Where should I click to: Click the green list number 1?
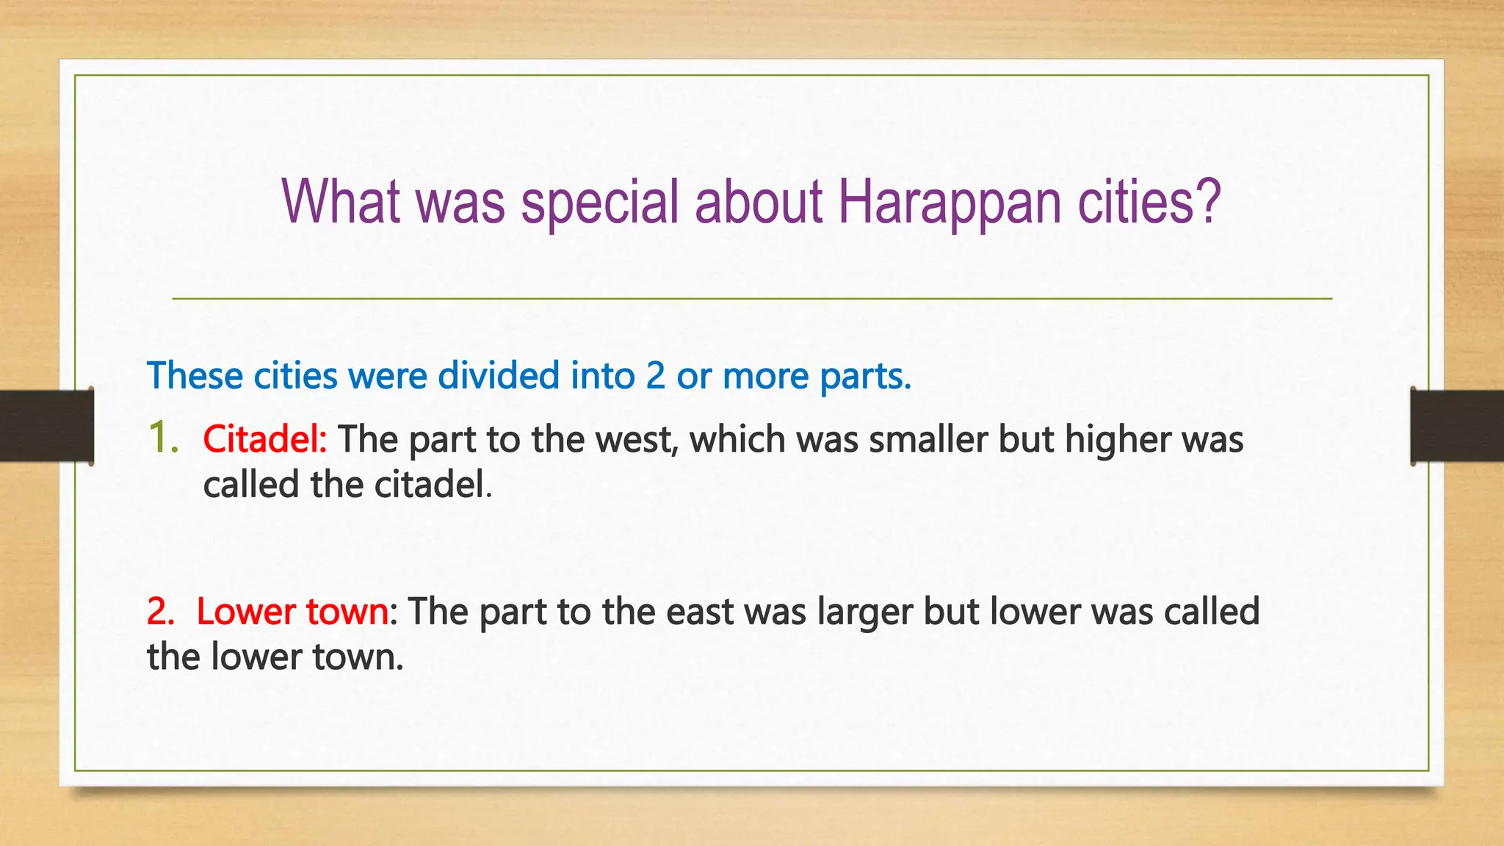[x=161, y=438]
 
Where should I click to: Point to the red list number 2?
[x=159, y=612]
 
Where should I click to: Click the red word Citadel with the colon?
[x=265, y=439]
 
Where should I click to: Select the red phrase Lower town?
[x=292, y=612]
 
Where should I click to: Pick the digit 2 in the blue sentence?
[x=655, y=376]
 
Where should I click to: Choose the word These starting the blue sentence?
[x=195, y=376]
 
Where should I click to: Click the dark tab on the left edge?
[x=46, y=426]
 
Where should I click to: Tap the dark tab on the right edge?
[x=1457, y=426]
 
